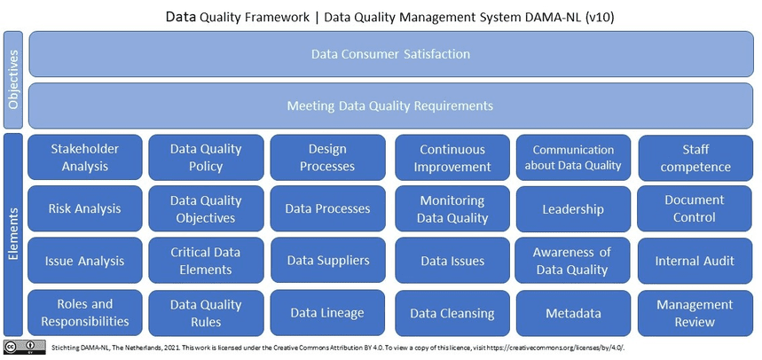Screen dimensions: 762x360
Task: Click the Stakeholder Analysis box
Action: click(85, 158)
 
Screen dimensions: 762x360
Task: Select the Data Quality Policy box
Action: click(206, 158)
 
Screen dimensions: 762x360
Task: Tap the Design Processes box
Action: click(327, 158)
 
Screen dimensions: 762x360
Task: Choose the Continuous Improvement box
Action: click(452, 158)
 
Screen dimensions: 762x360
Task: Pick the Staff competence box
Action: click(695, 158)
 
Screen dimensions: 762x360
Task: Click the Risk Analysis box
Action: click(85, 209)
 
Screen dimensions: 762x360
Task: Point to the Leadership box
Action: click(573, 209)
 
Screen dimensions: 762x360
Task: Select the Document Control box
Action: click(695, 209)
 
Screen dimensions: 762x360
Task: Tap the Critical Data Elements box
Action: click(206, 261)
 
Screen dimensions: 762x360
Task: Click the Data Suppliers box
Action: click(327, 261)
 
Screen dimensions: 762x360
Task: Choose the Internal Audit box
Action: click(695, 261)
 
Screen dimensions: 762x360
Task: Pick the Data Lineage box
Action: click(327, 313)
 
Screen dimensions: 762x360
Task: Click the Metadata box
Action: click(573, 313)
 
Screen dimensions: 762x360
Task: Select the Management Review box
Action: click(695, 313)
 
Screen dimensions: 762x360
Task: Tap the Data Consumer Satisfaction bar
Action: click(390, 54)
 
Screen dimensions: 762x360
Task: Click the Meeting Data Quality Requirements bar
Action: click(390, 106)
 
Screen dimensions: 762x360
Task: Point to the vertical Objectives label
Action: click(13, 80)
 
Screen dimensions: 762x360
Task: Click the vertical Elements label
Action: click(13, 235)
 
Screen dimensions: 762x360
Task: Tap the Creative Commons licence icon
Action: click(25, 347)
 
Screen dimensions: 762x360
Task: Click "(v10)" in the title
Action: click(601, 18)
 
